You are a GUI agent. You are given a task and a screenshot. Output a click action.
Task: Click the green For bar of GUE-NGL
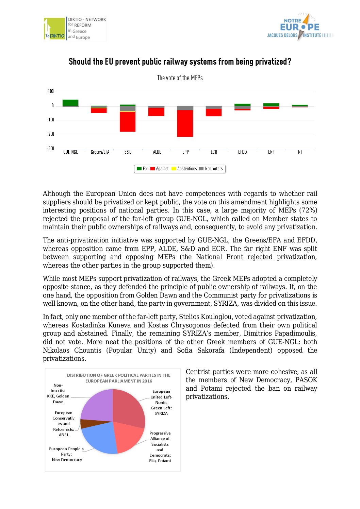(70, 103)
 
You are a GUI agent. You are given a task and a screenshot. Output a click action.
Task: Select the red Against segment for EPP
(185, 123)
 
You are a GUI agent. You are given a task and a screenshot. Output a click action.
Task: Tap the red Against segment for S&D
(128, 122)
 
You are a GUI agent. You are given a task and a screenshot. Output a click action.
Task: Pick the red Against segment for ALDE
(156, 112)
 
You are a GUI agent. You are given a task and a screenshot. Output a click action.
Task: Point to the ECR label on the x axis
(214, 152)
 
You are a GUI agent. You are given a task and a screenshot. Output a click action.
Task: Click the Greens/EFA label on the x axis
(100, 152)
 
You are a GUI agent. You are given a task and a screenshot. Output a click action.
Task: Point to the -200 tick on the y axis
(51, 134)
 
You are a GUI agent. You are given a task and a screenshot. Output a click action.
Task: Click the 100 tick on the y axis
(51, 91)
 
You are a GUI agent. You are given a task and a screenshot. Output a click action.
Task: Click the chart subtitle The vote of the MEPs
(180, 78)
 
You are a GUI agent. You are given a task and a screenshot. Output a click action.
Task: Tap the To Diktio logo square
(54, 29)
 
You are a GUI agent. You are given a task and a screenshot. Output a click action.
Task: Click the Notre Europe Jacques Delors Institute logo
(299, 27)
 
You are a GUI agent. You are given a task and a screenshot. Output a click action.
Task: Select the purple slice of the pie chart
(97, 405)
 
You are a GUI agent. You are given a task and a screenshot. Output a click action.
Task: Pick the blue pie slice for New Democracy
(99, 437)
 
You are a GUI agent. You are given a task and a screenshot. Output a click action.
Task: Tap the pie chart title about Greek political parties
(118, 378)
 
